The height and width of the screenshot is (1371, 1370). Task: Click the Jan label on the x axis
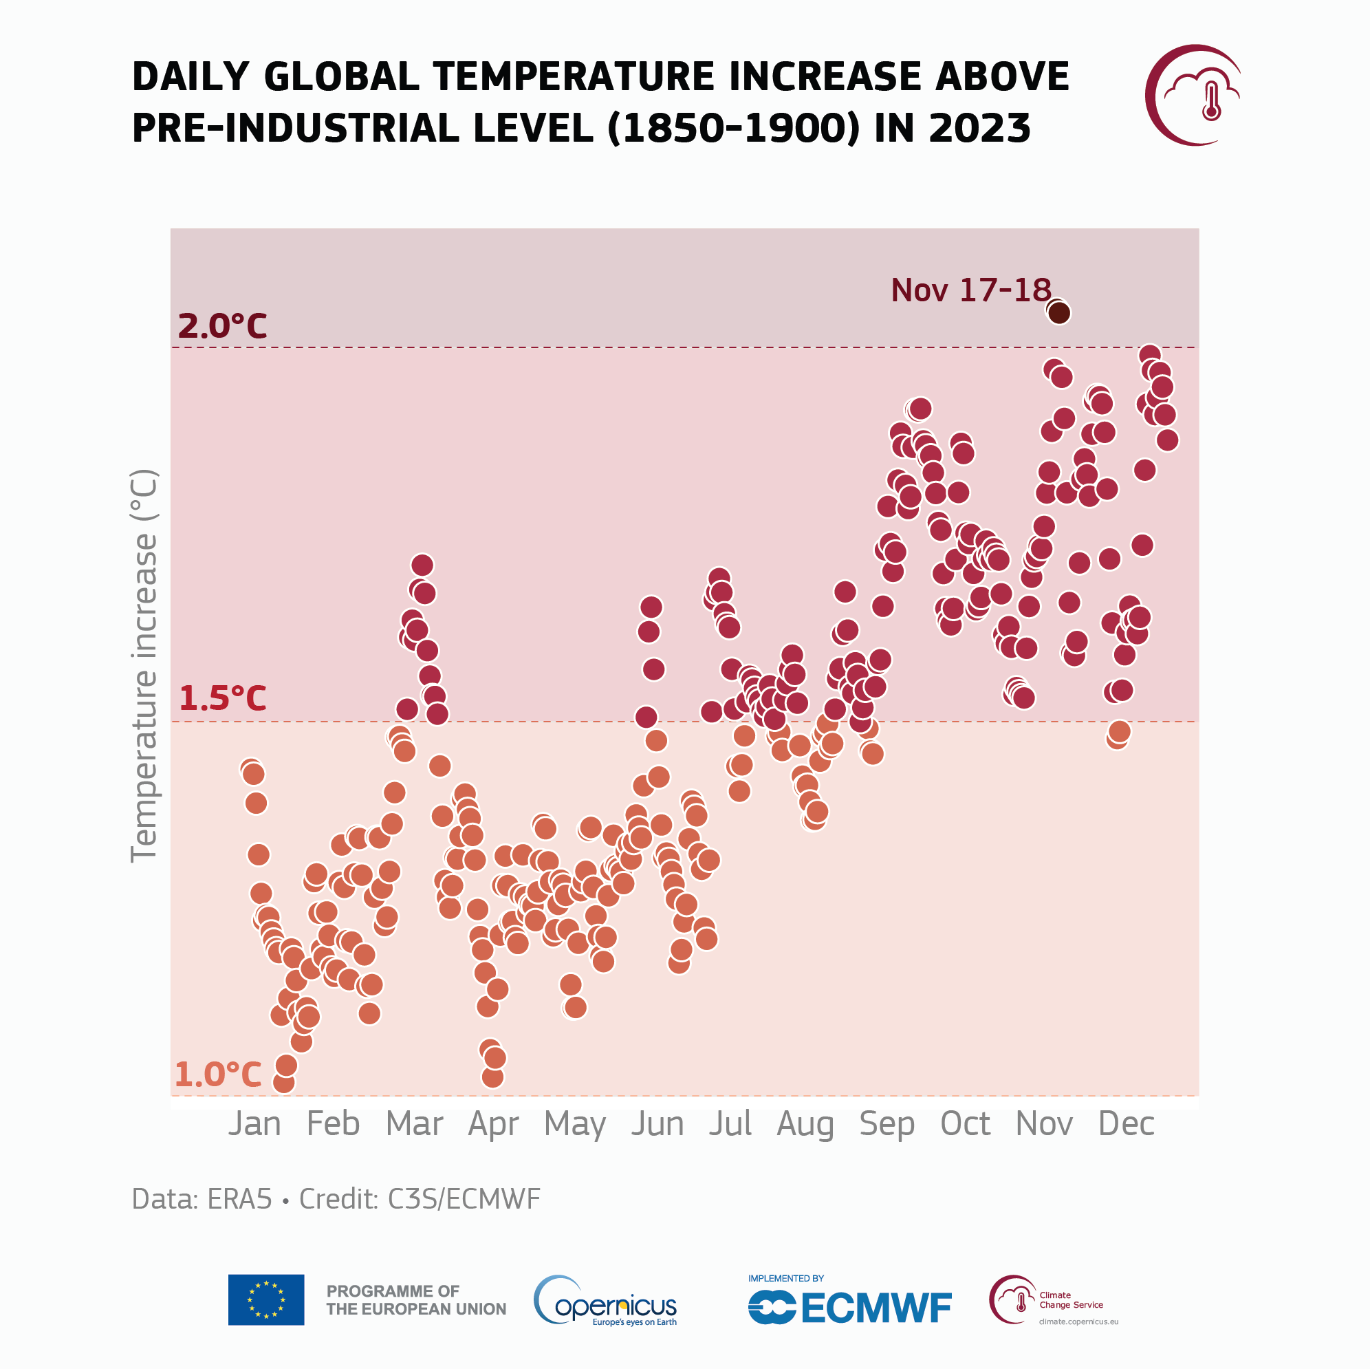click(254, 1123)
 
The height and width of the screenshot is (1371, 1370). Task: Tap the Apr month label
click(493, 1124)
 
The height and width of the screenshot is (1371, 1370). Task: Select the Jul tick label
click(730, 1123)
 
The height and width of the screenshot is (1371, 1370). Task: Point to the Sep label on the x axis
click(887, 1124)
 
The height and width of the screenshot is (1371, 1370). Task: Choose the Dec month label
click(1126, 1123)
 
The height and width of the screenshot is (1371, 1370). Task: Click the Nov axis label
click(1043, 1123)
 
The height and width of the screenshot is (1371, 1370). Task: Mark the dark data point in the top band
click(1058, 312)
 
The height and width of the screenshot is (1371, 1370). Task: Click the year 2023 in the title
click(979, 129)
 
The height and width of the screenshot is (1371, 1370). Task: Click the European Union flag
click(266, 1299)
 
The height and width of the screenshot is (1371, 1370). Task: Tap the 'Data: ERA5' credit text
click(202, 1198)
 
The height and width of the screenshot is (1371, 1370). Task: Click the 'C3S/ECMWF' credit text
click(464, 1198)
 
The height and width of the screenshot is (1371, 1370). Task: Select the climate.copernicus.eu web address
click(1078, 1321)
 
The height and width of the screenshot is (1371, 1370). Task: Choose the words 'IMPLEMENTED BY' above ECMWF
click(785, 1278)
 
